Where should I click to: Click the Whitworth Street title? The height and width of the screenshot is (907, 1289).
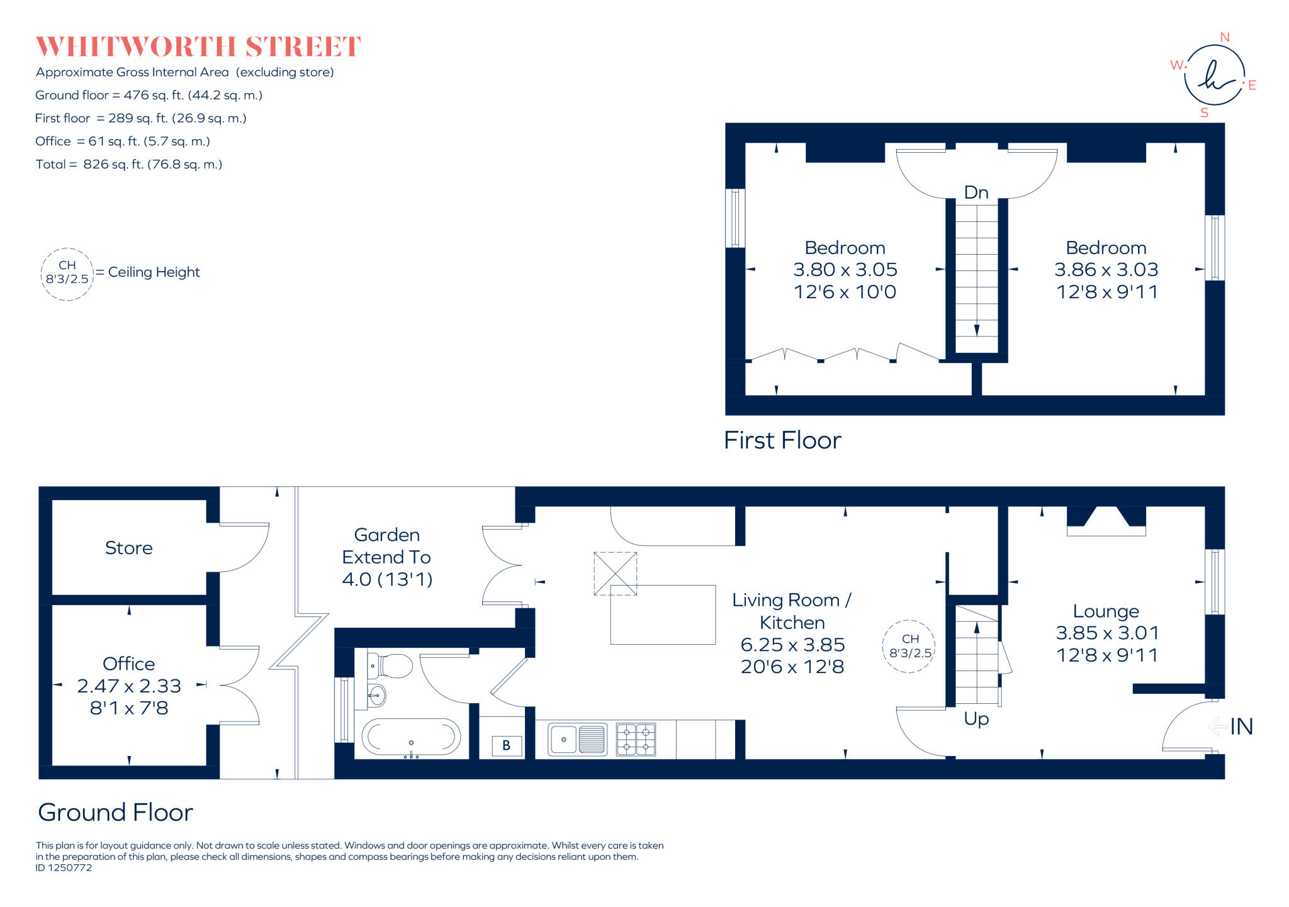[x=198, y=47]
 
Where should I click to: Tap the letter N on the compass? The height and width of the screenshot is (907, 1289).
[x=1224, y=37]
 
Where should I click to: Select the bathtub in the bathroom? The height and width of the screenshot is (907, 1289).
[x=411, y=737]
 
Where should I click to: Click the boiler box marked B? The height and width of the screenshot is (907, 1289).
[x=506, y=746]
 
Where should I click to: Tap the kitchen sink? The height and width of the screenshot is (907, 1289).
[x=577, y=739]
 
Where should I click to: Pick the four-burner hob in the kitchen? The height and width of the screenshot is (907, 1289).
[x=636, y=739]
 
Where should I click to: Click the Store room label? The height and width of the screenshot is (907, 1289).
[x=128, y=548]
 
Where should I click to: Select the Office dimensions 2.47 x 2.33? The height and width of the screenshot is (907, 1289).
[x=129, y=686]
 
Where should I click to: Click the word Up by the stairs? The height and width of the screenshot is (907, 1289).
[x=976, y=718]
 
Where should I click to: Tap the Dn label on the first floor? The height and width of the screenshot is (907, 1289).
[x=976, y=192]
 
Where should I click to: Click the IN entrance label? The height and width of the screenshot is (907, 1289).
[x=1241, y=727]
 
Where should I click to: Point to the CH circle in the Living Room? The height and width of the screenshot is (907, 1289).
[x=909, y=646]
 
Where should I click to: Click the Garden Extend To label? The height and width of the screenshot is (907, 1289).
[x=386, y=557]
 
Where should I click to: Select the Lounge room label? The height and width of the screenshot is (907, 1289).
[x=1106, y=611]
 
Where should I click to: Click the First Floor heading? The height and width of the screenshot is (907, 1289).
[x=782, y=440]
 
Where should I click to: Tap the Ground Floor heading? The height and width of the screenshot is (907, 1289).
[x=115, y=812]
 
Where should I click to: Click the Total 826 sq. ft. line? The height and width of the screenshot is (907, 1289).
[x=129, y=164]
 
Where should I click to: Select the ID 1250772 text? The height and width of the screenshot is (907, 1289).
[x=64, y=868]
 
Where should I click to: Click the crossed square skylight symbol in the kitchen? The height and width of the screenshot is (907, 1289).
[x=615, y=574]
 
